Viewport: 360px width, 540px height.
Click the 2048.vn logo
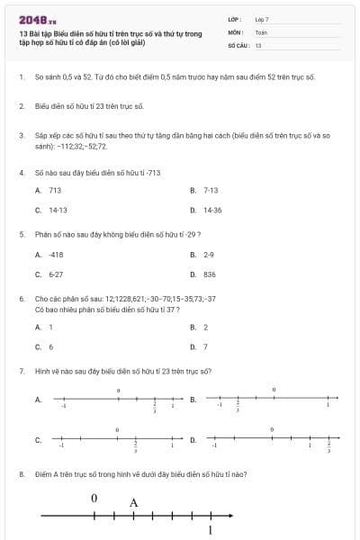(x=37, y=19)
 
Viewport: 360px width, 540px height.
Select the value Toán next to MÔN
(x=262, y=31)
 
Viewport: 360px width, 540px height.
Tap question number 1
(x=21, y=77)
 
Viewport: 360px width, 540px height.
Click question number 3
(x=21, y=135)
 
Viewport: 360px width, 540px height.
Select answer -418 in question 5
(x=56, y=255)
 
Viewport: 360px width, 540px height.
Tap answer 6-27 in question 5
(x=56, y=274)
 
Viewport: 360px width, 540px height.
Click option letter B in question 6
(x=193, y=328)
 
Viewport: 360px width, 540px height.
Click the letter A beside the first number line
(x=38, y=399)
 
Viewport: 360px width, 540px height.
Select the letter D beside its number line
(x=193, y=440)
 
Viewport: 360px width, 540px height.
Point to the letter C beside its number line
(x=38, y=440)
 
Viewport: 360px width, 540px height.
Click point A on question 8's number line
(x=133, y=515)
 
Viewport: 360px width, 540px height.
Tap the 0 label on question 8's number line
(x=94, y=498)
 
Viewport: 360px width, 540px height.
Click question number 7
(x=21, y=371)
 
